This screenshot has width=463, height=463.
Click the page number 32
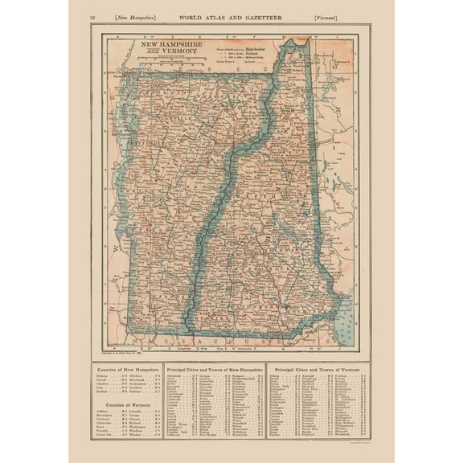[x=95, y=16]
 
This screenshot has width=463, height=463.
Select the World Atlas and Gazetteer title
[x=231, y=16]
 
